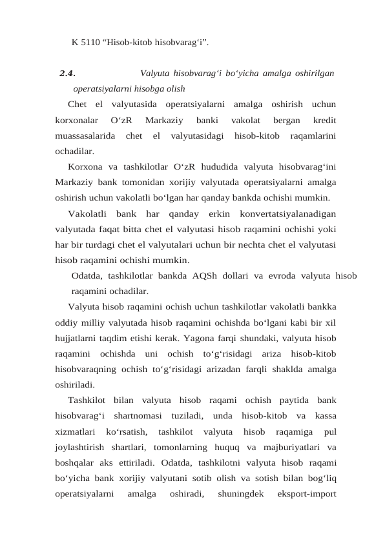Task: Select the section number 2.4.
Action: coord(67,73)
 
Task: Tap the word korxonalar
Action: coord(76,120)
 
